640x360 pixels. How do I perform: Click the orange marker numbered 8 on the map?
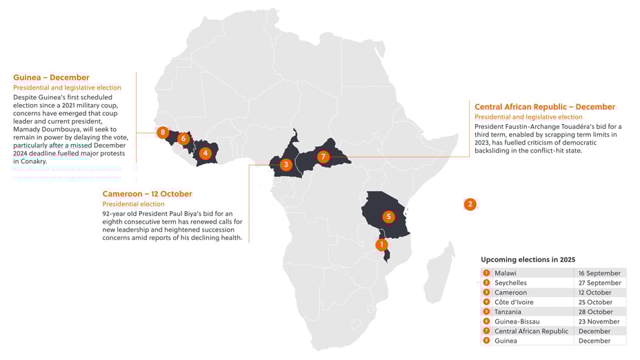[163, 132]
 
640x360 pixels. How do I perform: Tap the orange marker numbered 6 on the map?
[183, 139]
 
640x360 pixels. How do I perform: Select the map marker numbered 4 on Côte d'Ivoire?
[205, 153]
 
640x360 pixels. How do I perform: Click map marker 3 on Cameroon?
[286, 164]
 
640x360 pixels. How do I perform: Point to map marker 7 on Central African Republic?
[323, 157]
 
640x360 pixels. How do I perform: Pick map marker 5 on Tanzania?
[388, 217]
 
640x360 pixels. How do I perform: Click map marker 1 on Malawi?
[382, 244]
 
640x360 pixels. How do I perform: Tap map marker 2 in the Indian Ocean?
[470, 204]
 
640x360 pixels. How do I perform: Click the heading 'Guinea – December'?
[51, 77]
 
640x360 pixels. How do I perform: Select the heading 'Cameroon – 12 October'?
[147, 194]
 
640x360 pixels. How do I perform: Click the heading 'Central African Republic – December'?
[544, 107]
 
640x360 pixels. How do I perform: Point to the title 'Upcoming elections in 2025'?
[528, 259]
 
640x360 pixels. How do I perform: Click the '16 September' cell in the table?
[599, 273]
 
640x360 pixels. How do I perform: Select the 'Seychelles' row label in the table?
[510, 283]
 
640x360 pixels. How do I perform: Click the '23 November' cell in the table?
[598, 321]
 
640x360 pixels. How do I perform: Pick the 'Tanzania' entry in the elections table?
[508, 312]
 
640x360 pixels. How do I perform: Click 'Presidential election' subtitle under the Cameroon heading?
[133, 204]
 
